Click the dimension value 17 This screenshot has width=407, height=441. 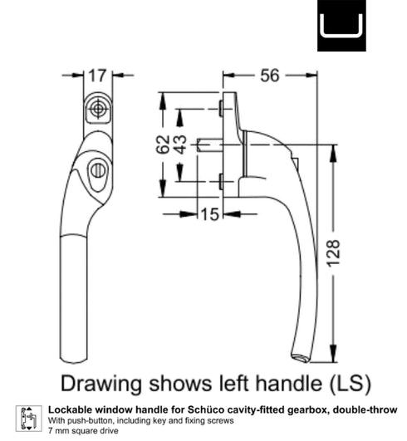click(x=98, y=76)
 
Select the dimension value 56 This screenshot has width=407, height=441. click(x=270, y=76)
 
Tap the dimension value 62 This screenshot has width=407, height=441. click(x=163, y=145)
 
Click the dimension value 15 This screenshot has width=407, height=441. click(x=210, y=214)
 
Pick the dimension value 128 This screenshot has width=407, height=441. click(x=333, y=252)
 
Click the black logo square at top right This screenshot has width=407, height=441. click(x=341, y=26)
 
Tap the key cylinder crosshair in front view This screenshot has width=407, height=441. click(x=98, y=109)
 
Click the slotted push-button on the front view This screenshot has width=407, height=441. click(x=98, y=171)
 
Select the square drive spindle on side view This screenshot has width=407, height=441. click(x=209, y=145)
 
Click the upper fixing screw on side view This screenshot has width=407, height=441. click(x=221, y=109)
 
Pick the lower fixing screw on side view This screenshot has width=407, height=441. click(x=221, y=181)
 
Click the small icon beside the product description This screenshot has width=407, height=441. click(x=29, y=419)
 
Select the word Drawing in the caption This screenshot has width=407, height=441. click(x=101, y=384)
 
